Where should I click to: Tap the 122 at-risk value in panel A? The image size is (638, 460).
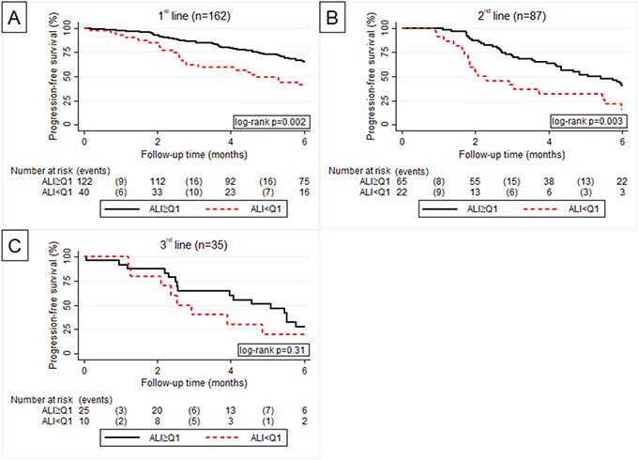[x=84, y=183]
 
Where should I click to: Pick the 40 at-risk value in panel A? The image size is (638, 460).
[x=84, y=193]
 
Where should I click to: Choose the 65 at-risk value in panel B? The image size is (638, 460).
[x=402, y=183]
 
